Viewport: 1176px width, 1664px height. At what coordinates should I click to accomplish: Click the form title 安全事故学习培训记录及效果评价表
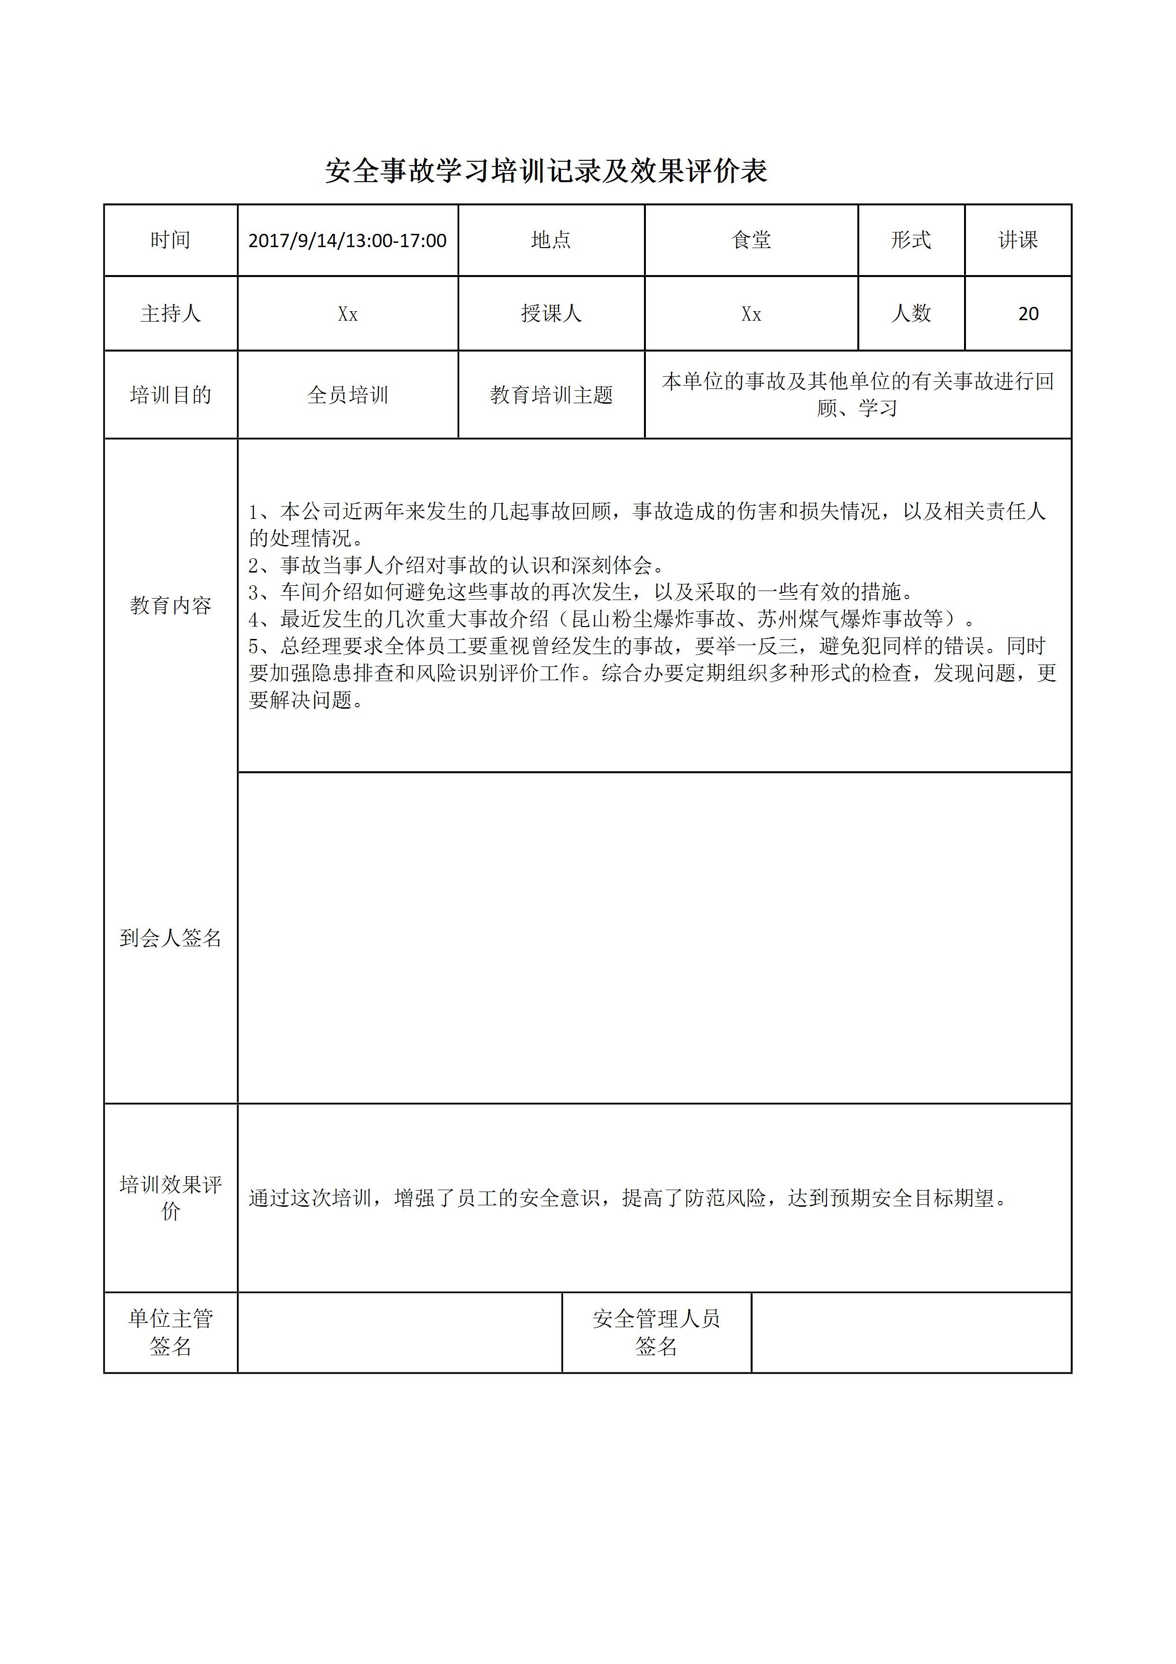(x=546, y=172)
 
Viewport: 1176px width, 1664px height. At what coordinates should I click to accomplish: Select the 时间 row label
(x=170, y=240)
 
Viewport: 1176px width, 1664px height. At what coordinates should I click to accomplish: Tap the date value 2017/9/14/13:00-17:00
(x=347, y=240)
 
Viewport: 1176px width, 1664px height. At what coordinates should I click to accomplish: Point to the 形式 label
(x=911, y=240)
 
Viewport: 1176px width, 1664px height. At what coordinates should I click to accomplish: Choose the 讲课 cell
(x=1018, y=240)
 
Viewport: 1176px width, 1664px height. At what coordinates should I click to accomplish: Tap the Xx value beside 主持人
(x=347, y=314)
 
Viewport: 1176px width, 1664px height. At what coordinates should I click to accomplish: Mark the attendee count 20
(x=1028, y=314)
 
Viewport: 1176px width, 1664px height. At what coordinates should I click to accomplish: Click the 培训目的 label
(x=170, y=395)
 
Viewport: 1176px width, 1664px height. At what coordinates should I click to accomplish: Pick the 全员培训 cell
(x=347, y=395)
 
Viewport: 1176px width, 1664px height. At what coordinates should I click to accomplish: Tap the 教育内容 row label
(x=170, y=605)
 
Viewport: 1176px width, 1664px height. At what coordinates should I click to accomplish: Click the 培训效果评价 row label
(x=170, y=1197)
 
